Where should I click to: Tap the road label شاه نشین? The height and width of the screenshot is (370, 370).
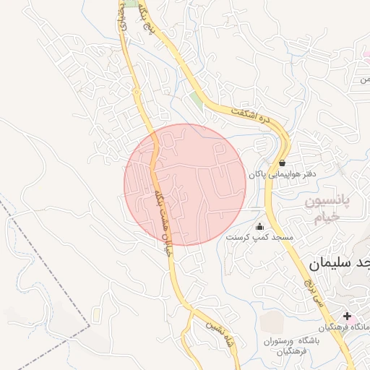218,332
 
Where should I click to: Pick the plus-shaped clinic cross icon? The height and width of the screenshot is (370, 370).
348,316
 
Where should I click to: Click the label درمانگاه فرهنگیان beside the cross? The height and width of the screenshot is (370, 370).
346,327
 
